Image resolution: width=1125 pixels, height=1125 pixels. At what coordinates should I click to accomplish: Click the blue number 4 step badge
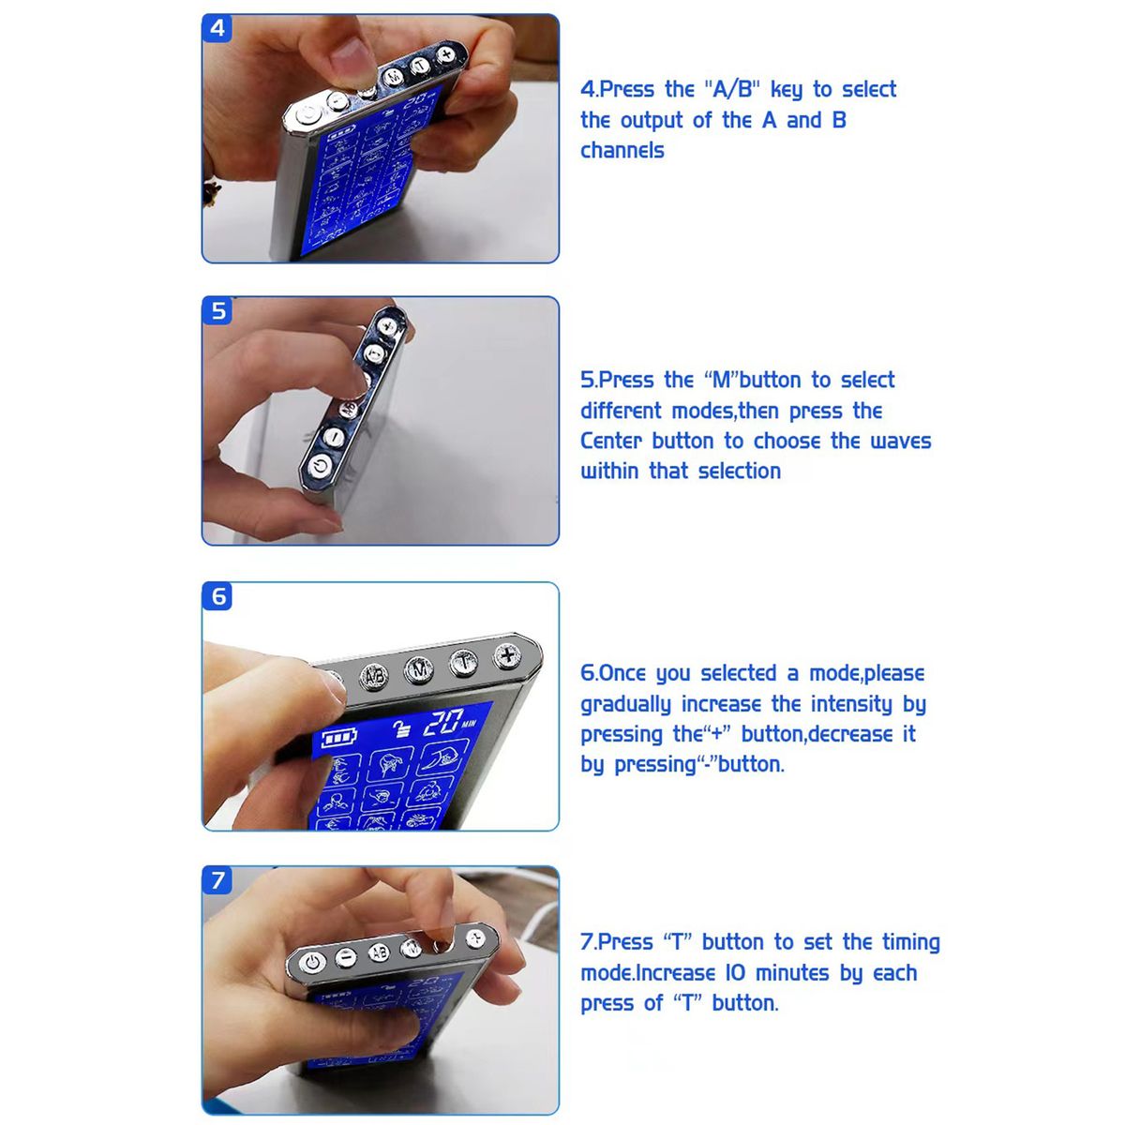[217, 28]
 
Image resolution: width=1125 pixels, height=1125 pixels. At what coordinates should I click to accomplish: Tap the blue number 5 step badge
[217, 310]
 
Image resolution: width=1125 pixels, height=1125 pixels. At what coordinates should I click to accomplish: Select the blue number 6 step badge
[217, 596]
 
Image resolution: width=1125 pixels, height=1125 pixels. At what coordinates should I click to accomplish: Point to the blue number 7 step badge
[217, 880]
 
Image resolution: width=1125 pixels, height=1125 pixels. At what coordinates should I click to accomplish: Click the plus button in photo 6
[507, 655]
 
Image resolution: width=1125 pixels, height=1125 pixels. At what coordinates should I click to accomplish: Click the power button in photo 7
[313, 962]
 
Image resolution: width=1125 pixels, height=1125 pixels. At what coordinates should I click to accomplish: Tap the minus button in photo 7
[346, 957]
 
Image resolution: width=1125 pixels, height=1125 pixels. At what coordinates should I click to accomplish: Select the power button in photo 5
[320, 467]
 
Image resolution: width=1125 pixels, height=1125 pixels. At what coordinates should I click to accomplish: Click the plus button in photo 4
[446, 54]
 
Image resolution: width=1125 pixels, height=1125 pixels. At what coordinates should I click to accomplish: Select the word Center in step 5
[611, 442]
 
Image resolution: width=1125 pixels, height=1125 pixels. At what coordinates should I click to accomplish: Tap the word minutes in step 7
[792, 973]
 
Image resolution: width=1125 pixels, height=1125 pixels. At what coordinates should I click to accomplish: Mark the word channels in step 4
[622, 151]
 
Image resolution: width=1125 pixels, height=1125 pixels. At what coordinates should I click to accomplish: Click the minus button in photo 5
[334, 437]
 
